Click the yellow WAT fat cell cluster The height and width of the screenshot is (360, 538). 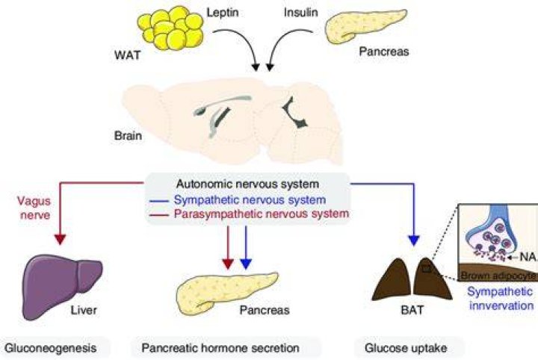coord(170,28)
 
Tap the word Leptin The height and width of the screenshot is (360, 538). coord(223,13)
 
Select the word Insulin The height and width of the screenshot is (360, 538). coord(301,13)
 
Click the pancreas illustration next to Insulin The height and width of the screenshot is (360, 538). coord(365,26)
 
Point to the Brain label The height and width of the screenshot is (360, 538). coord(128,135)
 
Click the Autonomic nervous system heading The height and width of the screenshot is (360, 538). coord(247,184)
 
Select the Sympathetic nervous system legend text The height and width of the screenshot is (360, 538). coord(250,199)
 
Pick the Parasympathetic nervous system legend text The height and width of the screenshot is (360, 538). coord(261,214)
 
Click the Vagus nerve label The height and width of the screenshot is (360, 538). coord(34,208)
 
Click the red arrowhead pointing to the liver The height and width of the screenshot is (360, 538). coord(60,239)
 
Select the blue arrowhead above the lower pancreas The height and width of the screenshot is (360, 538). coord(246,264)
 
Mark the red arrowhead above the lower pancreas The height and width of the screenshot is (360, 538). coord(228,264)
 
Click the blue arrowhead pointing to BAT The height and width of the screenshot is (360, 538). coord(414,240)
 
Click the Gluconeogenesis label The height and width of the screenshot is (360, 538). coord(51,348)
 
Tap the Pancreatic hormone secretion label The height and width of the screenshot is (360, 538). coord(220,348)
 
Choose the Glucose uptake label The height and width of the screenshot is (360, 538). coord(406,348)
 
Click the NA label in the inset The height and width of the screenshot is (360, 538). coord(528,256)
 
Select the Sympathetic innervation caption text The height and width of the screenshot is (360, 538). coord(501,298)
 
